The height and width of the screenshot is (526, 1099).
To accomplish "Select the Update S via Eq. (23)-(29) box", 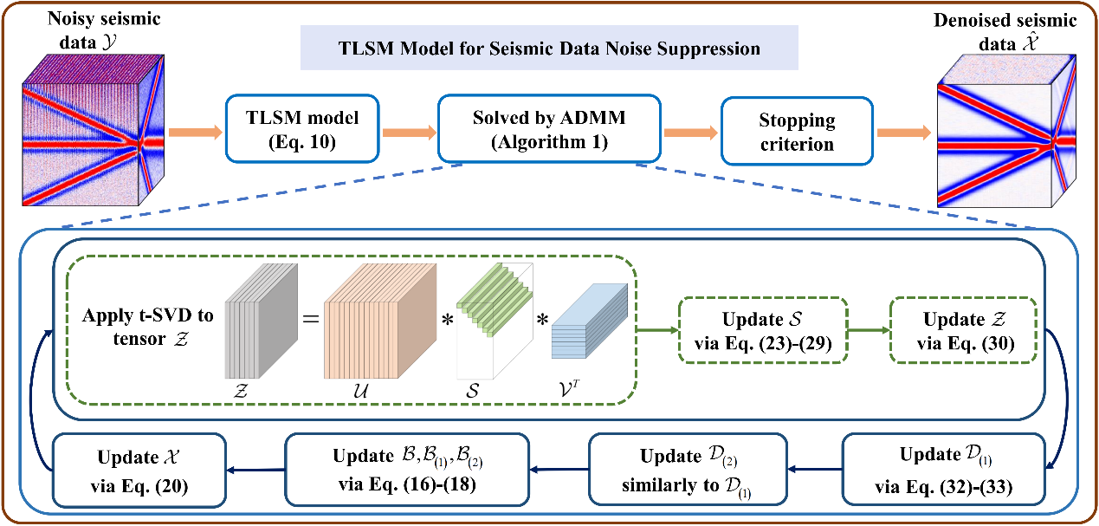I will (x=761, y=329).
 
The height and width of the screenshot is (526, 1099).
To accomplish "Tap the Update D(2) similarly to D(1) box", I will (x=688, y=469).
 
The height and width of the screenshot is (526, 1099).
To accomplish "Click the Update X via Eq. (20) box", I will (x=139, y=469).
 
